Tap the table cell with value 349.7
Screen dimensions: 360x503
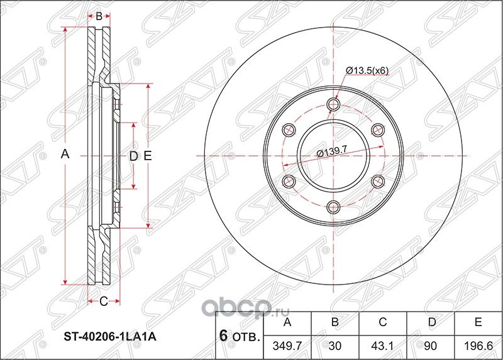[288, 345]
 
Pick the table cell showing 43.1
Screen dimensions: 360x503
[383, 345]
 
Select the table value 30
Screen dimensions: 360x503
[336, 345]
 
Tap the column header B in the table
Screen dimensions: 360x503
[336, 323]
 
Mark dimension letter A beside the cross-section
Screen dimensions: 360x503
[64, 155]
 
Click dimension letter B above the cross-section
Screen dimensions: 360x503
[99, 16]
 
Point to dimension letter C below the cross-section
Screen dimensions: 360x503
[104, 302]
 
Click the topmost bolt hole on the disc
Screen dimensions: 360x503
[333, 104]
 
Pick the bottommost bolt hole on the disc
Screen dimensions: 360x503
[333, 207]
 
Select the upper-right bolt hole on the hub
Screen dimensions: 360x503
[378, 130]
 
